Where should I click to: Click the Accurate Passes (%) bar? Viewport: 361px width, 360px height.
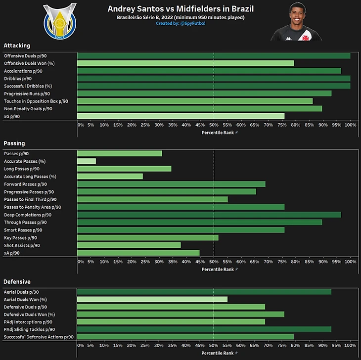(x=87, y=161)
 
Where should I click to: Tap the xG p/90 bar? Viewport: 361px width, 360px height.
(x=181, y=116)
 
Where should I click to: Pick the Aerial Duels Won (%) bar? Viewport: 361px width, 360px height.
(x=152, y=299)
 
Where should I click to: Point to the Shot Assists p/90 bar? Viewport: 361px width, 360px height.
(x=129, y=245)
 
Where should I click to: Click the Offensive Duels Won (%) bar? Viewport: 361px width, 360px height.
(x=185, y=63)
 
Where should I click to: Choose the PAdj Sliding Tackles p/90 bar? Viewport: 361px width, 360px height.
(x=204, y=329)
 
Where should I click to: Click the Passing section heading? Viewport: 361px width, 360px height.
(x=14, y=143)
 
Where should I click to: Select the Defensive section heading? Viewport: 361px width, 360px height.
(x=17, y=282)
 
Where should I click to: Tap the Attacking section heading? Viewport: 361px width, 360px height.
(x=17, y=45)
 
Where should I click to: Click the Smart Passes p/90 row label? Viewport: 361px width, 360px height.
(x=23, y=230)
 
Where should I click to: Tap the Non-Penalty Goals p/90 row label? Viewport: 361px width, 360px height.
(x=28, y=109)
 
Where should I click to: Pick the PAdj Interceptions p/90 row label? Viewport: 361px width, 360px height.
(x=28, y=322)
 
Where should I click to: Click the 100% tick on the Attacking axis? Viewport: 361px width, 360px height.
(x=350, y=125)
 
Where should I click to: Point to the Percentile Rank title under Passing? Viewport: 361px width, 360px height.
(x=218, y=270)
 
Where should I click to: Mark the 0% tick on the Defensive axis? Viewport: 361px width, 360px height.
(x=81, y=345)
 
